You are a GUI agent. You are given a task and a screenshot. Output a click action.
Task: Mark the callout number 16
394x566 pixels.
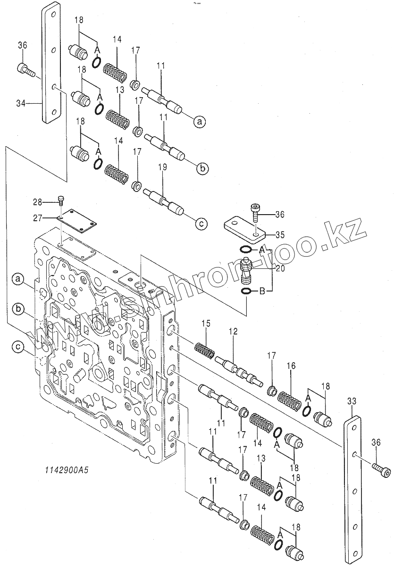(291, 366)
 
